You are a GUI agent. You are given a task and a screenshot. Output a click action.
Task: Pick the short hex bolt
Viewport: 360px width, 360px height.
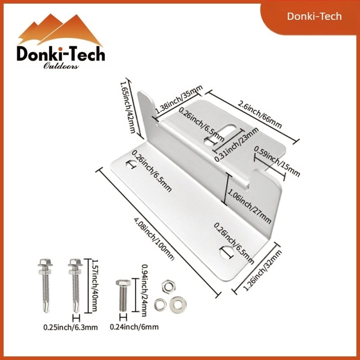coord(123,295)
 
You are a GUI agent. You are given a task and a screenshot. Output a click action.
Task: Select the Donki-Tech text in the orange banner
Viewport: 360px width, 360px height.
coord(315,17)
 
